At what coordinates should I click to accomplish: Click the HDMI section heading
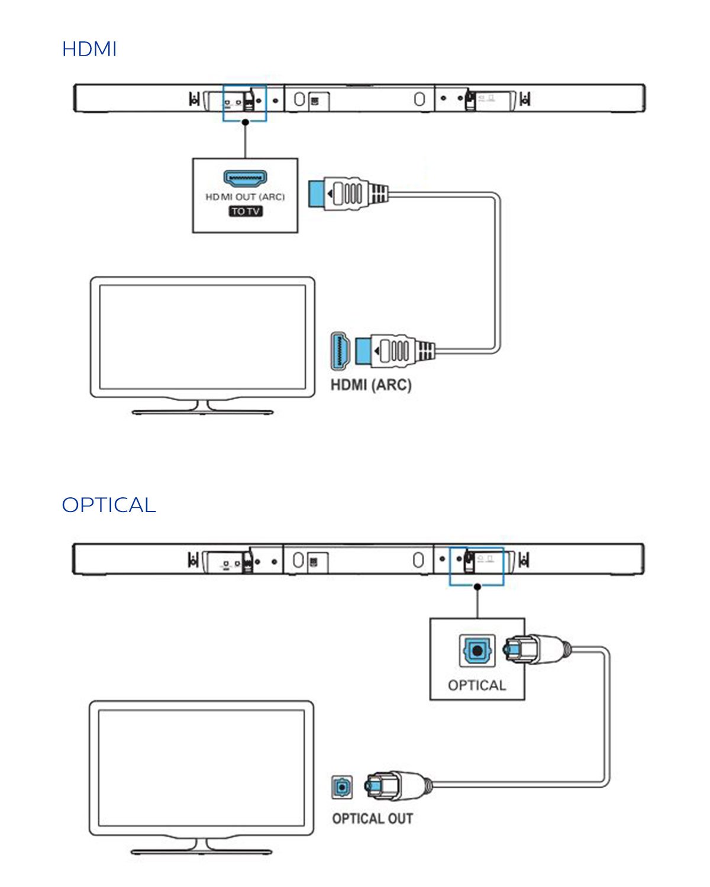(x=89, y=49)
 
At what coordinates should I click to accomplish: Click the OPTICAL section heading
(x=109, y=505)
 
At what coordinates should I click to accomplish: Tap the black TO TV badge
(x=246, y=211)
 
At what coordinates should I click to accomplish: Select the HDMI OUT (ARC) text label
(x=245, y=197)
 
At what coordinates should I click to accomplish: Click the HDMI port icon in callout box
(x=245, y=178)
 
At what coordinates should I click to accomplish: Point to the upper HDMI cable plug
(x=348, y=193)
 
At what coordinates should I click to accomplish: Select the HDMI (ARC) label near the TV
(x=371, y=385)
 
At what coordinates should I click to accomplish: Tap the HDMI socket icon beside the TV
(x=340, y=350)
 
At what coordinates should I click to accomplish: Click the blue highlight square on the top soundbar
(x=244, y=103)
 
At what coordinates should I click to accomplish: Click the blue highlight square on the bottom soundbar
(x=476, y=566)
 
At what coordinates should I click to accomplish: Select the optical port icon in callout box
(x=477, y=650)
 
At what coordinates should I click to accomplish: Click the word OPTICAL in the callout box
(x=477, y=685)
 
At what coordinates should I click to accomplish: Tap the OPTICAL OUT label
(x=372, y=819)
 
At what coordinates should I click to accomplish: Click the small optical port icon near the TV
(x=342, y=787)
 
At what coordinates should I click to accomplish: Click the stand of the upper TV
(x=202, y=408)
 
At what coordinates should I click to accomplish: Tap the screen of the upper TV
(x=202, y=337)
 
